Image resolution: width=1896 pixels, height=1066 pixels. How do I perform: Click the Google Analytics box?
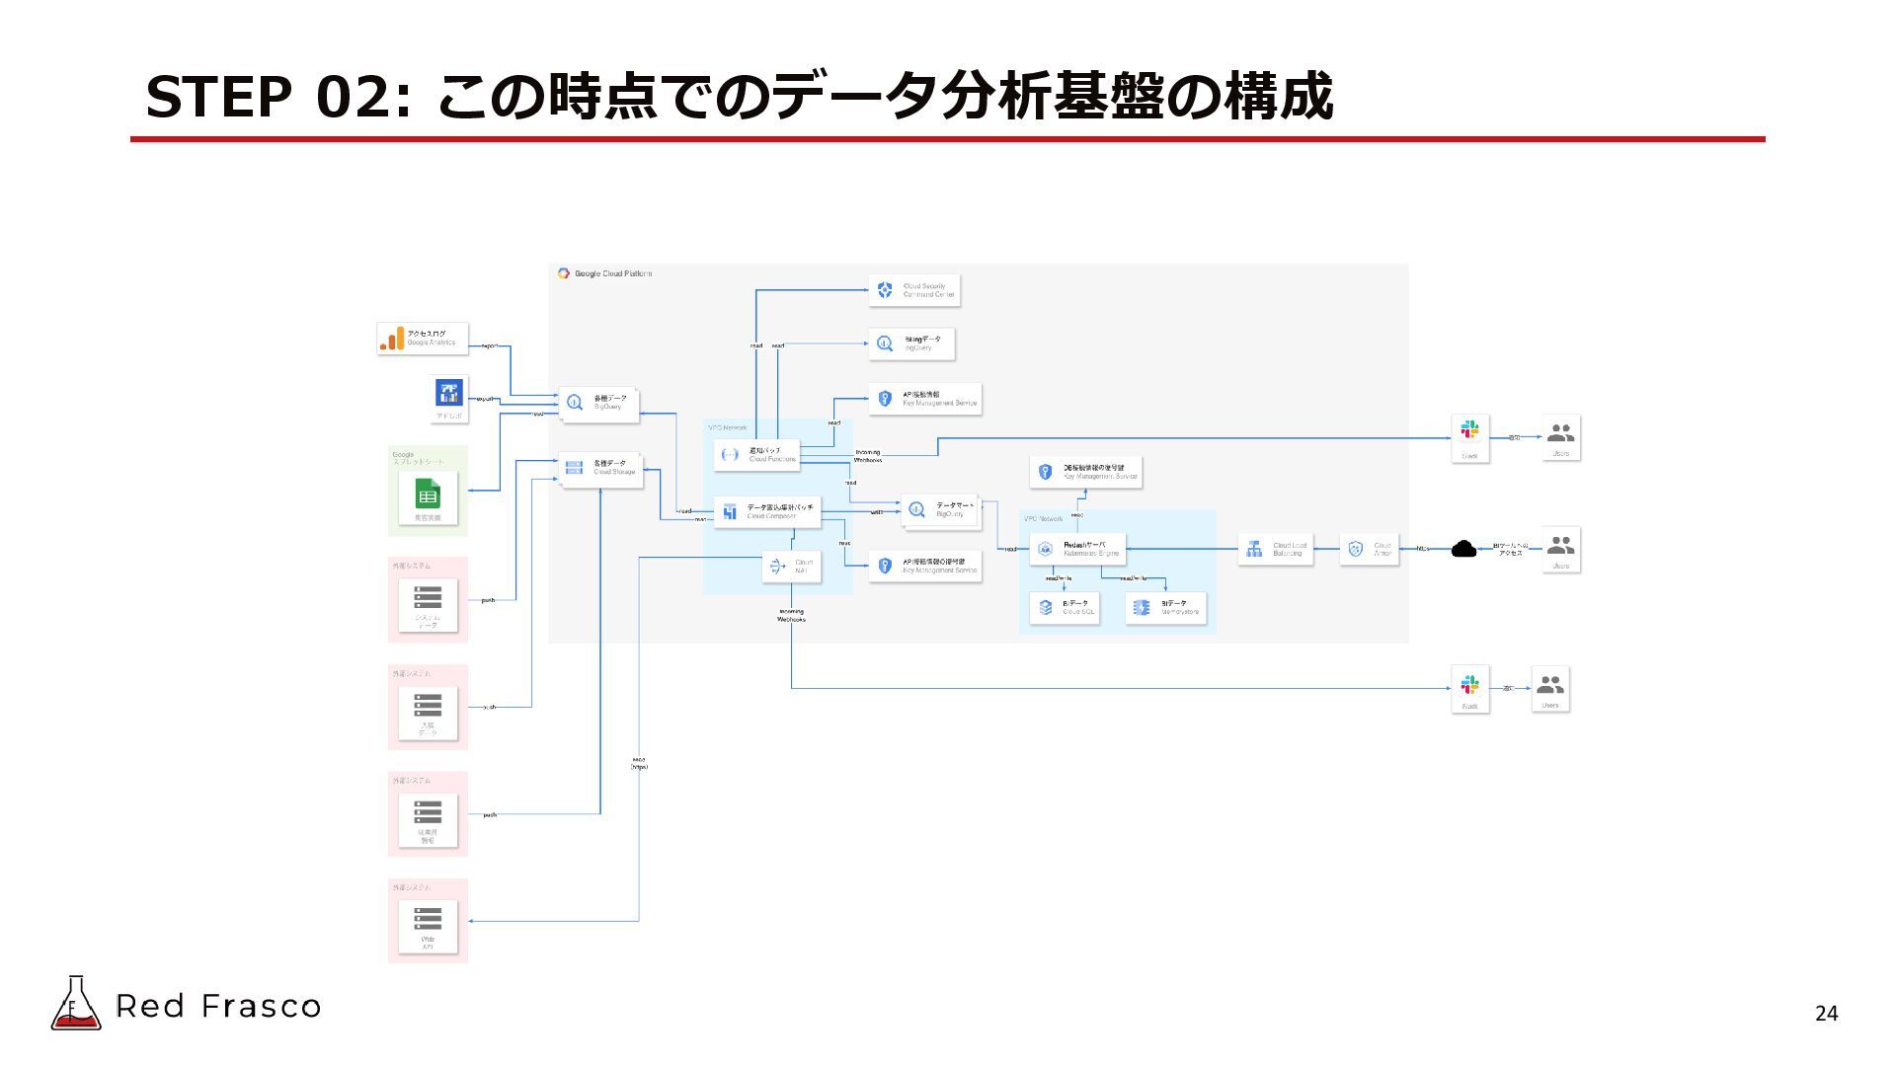[x=423, y=339]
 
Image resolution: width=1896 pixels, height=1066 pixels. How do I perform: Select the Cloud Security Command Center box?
[x=914, y=290]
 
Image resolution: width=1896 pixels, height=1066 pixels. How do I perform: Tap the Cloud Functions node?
[x=756, y=454]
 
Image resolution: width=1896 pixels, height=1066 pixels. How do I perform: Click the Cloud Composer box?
[x=767, y=511]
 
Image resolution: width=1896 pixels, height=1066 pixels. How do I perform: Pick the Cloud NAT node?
[x=792, y=567]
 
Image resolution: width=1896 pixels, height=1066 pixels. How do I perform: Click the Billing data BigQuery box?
[x=911, y=343]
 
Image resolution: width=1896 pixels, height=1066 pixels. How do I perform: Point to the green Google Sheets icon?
[x=428, y=495]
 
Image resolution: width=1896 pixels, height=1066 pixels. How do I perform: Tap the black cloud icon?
[x=1463, y=549]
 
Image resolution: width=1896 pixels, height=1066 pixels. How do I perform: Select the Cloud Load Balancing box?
[x=1275, y=549]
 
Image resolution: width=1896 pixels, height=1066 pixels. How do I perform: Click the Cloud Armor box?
[x=1369, y=549]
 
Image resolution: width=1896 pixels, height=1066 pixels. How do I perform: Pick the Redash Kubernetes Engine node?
[x=1077, y=549]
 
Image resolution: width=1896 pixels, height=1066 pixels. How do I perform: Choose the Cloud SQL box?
[x=1064, y=607]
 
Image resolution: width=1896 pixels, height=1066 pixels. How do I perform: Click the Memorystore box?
[x=1165, y=607]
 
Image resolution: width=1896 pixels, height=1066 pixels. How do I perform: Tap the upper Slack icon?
[x=1469, y=430]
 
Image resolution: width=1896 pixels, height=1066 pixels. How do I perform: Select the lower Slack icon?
[x=1469, y=683]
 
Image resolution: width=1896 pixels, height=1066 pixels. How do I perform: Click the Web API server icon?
[x=428, y=919]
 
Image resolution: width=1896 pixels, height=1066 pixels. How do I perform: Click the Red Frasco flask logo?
[x=75, y=1004]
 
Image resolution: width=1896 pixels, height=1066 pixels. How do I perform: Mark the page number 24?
[x=1826, y=1014]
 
